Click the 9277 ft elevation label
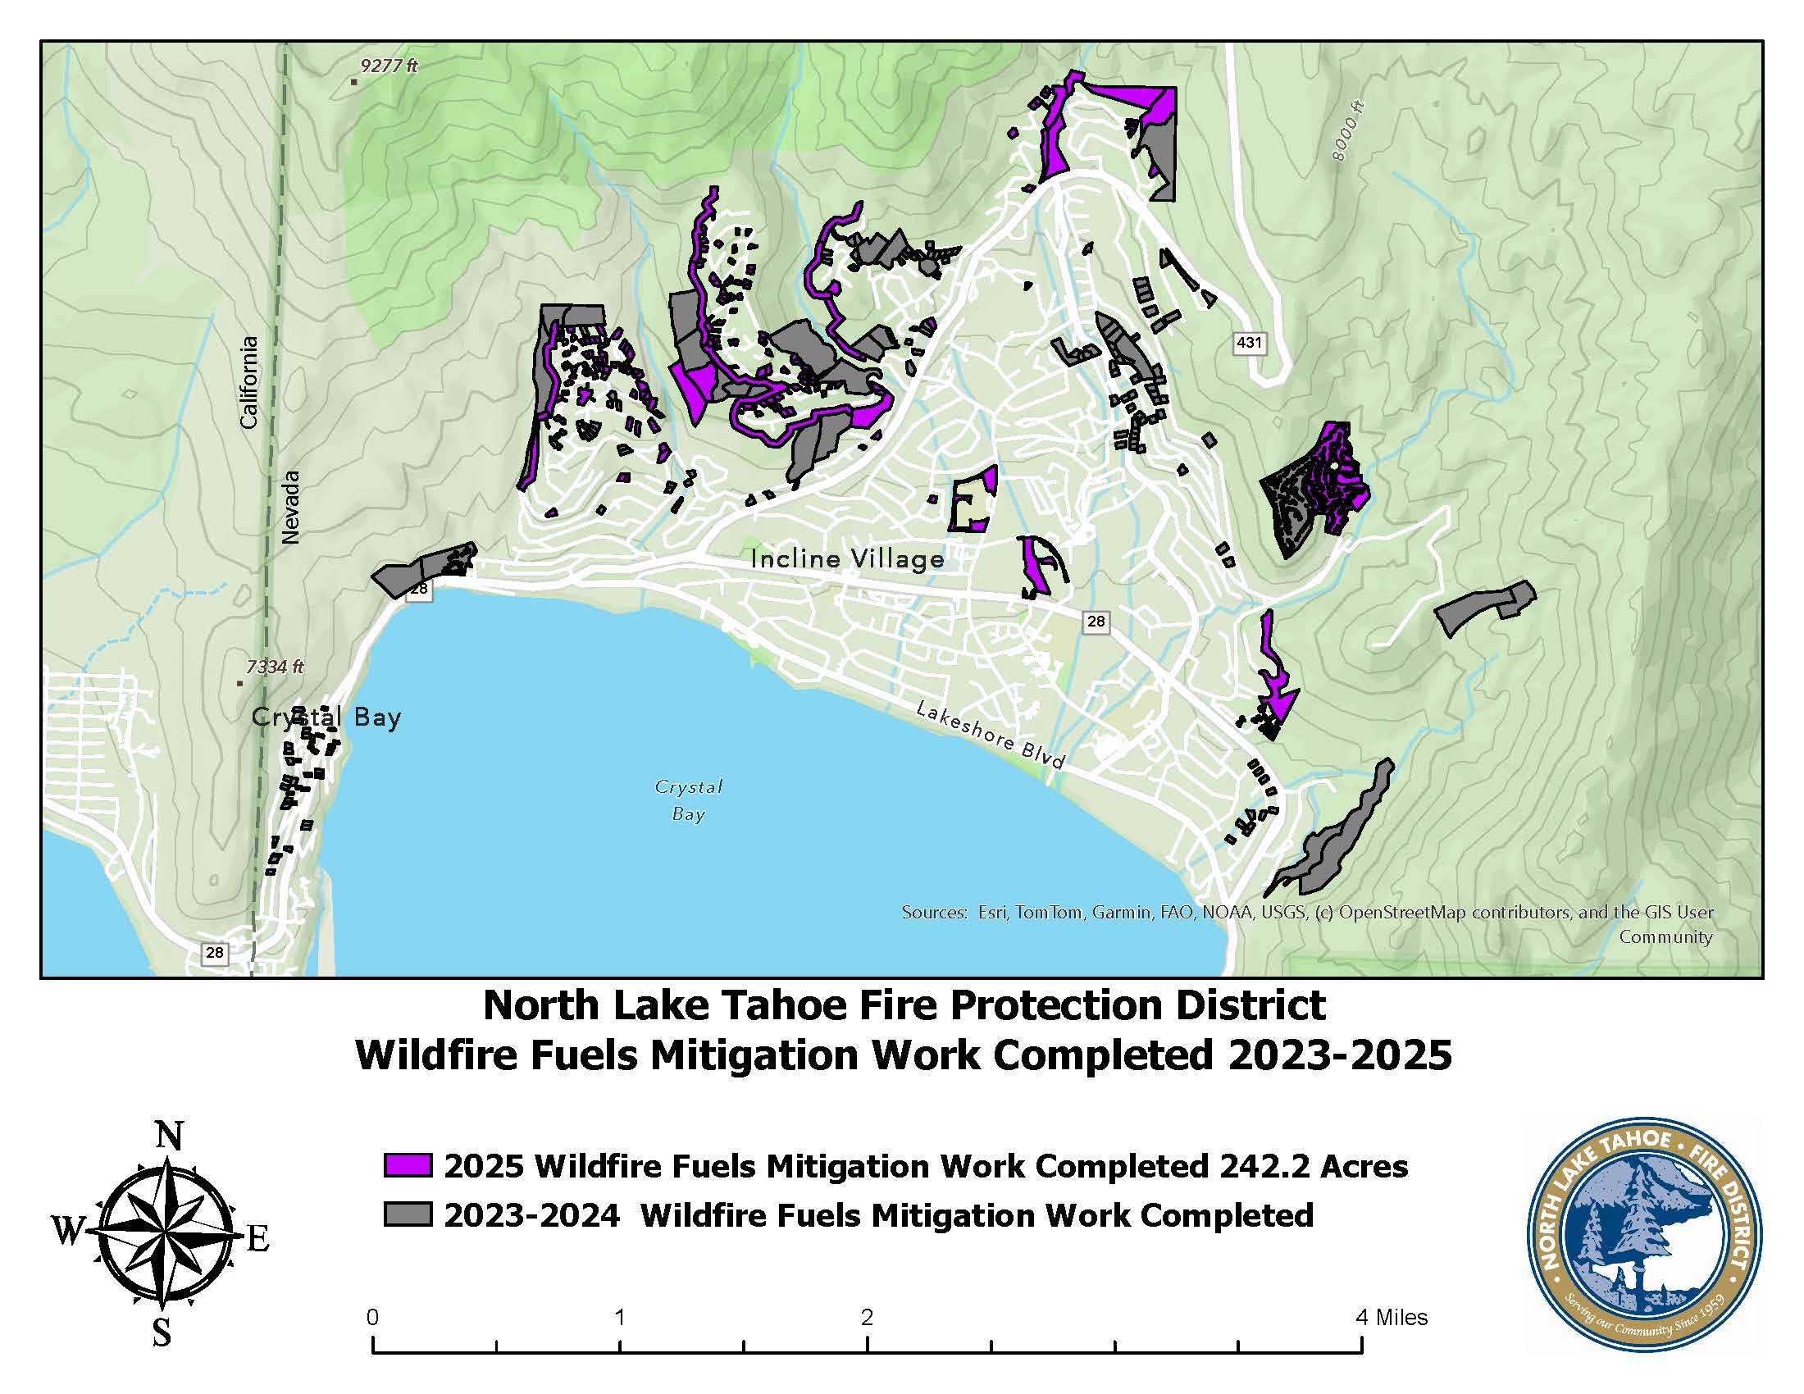[389, 66]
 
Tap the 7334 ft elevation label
[275, 667]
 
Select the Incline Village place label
[848, 559]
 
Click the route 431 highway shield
[1248, 342]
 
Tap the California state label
[248, 381]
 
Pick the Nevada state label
[290, 507]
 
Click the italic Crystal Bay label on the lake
[688, 799]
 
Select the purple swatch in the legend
[408, 1165]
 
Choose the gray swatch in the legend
[408, 1214]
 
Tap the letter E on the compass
[257, 1239]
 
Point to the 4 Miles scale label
[1391, 1316]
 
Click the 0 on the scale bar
[372, 1316]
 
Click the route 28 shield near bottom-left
[214, 952]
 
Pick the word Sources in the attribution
[932, 913]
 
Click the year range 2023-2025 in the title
[1339, 1055]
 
